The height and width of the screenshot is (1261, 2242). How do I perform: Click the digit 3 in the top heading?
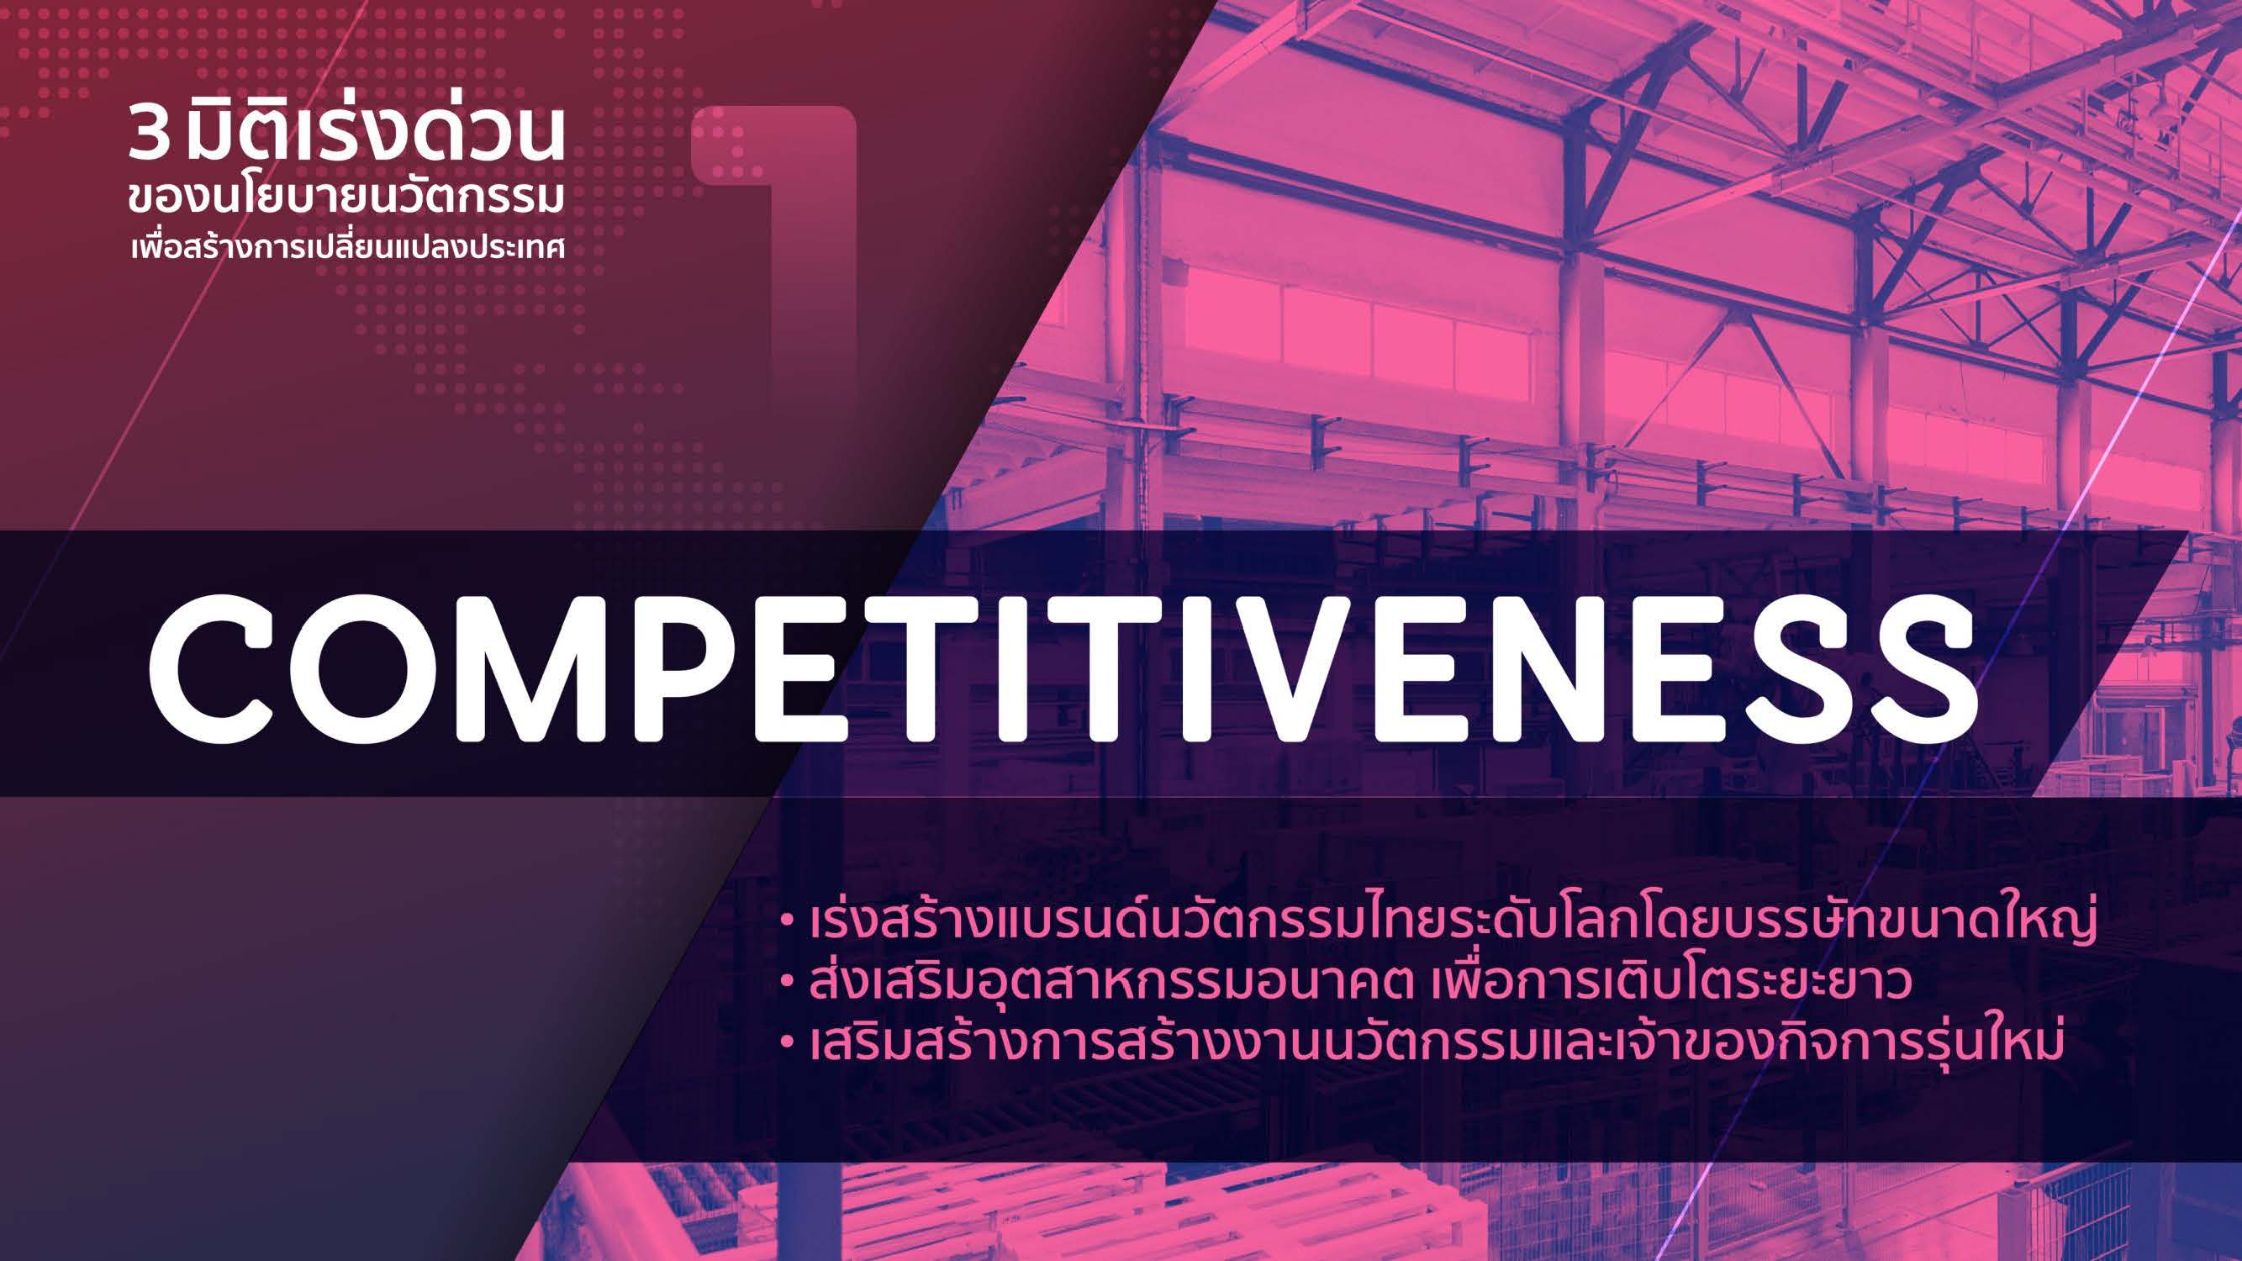point(148,135)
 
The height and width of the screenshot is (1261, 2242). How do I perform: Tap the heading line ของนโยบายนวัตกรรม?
point(346,198)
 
